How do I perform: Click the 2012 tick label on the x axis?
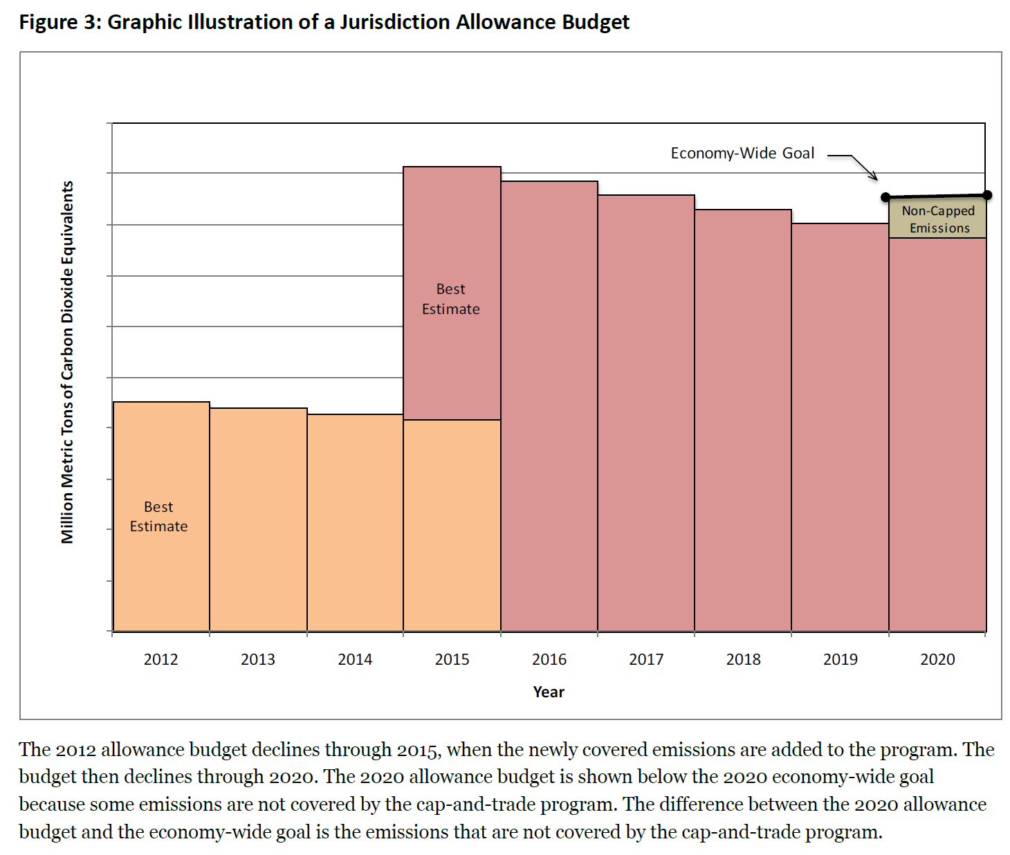click(160, 659)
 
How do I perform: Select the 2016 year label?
click(549, 659)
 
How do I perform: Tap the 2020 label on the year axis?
click(937, 659)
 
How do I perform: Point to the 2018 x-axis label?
click(743, 659)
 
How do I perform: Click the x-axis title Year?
click(549, 692)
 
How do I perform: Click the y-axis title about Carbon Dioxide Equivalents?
click(67, 362)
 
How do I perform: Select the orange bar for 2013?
click(258, 519)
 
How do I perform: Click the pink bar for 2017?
click(646, 415)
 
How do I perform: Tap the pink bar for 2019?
click(840, 429)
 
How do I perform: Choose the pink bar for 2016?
click(549, 408)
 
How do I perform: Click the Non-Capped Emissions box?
click(937, 219)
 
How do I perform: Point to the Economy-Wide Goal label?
click(742, 153)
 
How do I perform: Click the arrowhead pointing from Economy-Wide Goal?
click(874, 178)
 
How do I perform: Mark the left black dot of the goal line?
click(885, 197)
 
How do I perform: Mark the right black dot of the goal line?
click(987, 195)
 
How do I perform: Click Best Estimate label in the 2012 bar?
click(158, 517)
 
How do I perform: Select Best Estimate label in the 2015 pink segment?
click(451, 299)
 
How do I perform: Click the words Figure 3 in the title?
click(59, 22)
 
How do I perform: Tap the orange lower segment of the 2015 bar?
click(452, 526)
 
